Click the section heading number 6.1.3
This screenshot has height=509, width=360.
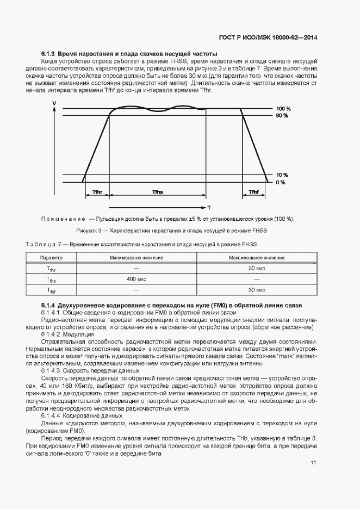[48, 54]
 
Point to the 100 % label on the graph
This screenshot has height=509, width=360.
[282, 109]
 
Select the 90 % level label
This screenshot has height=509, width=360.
[281, 116]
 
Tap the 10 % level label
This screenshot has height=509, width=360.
[281, 175]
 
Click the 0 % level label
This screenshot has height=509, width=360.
[280, 182]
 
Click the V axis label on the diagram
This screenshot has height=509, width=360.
[54, 103]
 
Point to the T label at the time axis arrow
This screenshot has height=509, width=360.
[208, 208]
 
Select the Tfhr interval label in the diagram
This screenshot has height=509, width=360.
[97, 193]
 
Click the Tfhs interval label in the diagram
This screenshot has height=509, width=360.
[158, 193]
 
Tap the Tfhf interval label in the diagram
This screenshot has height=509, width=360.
[253, 193]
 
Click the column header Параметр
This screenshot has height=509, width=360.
[52, 257]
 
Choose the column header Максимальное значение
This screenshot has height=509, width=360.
[256, 257]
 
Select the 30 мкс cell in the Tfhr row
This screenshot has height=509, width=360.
[256, 269]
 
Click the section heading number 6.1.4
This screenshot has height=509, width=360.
[48, 306]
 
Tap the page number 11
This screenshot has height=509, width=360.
[314, 462]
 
